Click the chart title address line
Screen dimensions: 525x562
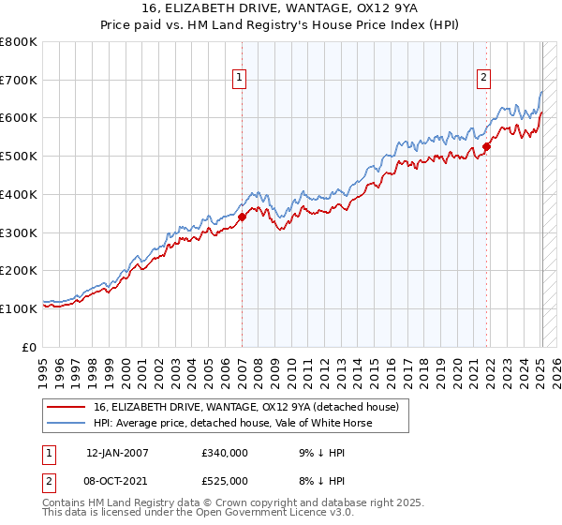click(281, 10)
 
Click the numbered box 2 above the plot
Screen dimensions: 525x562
click(484, 78)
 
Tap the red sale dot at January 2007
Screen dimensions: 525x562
click(242, 217)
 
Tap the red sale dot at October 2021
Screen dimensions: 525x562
click(487, 145)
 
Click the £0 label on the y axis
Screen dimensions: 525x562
click(31, 346)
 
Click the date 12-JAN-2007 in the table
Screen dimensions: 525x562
click(118, 453)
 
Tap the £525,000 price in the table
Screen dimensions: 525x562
click(224, 481)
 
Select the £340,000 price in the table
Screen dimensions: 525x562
click(224, 453)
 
